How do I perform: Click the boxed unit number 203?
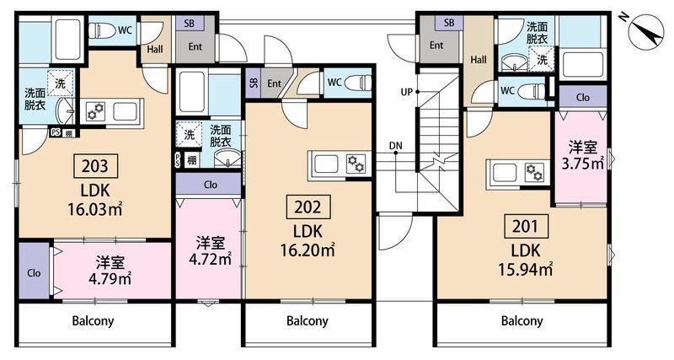(95, 165)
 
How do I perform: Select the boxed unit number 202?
(308, 207)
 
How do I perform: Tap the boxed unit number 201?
(525, 226)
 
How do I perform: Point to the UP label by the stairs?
(407, 92)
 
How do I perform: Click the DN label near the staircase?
(396, 146)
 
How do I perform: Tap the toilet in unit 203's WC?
(102, 30)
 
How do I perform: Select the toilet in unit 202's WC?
(357, 82)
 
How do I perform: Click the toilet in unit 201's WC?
(532, 91)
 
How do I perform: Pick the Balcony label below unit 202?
(308, 321)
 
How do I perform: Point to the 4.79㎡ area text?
(110, 279)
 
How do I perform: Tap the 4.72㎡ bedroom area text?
(211, 259)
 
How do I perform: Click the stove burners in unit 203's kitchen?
(94, 112)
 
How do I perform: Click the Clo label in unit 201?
(583, 98)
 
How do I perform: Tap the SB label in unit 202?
(254, 83)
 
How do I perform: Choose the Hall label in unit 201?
(479, 60)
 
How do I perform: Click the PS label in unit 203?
(56, 132)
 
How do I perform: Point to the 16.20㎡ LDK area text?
(308, 250)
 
